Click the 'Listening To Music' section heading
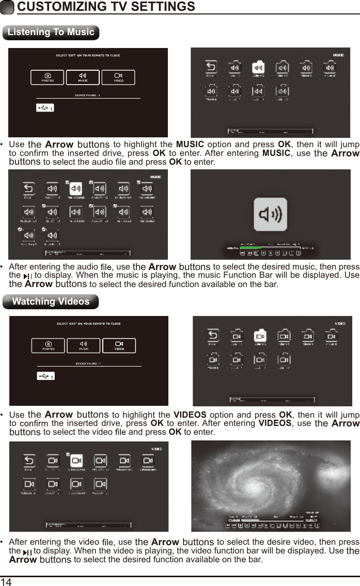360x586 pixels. (51, 32)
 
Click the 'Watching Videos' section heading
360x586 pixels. (51, 301)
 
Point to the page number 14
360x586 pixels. (6, 581)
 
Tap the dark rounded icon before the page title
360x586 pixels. (8, 7)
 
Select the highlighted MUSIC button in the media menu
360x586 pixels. (83, 77)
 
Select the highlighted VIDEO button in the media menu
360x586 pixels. (119, 345)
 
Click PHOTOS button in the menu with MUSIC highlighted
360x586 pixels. (48, 77)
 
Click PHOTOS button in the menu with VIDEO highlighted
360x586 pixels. (48, 345)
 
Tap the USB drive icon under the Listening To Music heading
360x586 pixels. (45, 108)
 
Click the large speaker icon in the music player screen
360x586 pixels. (270, 214)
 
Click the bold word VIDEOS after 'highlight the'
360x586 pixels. (190, 415)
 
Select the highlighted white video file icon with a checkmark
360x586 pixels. (76, 460)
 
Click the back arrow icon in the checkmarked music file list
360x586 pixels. (28, 189)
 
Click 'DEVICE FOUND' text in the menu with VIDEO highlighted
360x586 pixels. (88, 363)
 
